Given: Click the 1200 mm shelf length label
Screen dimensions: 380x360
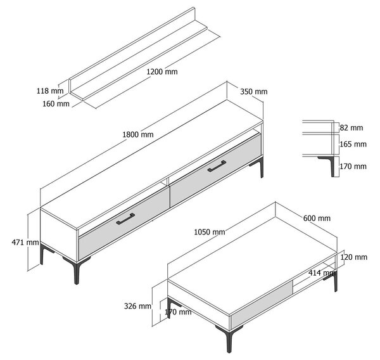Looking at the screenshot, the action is [x=162, y=72].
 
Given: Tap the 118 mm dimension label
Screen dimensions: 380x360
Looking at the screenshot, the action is [x=50, y=91].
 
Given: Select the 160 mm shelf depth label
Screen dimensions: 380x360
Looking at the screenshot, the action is [x=56, y=104].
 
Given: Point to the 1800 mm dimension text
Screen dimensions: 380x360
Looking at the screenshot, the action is [x=138, y=134].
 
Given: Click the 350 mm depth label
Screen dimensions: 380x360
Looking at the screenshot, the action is [x=254, y=92].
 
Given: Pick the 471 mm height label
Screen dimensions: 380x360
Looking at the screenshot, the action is [x=25, y=242].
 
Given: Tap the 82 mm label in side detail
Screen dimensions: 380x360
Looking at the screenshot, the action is [x=351, y=128].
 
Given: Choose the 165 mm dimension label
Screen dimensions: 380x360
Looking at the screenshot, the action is [x=353, y=145].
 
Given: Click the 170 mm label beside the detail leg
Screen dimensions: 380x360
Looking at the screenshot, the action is [x=353, y=167].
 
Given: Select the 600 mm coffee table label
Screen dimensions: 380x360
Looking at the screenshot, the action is [x=317, y=218].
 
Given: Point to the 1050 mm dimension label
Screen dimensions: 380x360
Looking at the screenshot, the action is [x=210, y=232].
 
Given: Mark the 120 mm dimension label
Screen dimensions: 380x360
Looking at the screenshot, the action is [x=354, y=257].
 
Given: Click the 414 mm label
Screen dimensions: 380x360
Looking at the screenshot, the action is [x=322, y=273].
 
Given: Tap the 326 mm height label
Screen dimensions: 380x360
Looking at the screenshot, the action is [x=137, y=306].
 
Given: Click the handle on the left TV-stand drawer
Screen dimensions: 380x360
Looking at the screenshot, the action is [x=125, y=219].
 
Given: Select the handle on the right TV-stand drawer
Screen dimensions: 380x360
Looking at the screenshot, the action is [x=217, y=166].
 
